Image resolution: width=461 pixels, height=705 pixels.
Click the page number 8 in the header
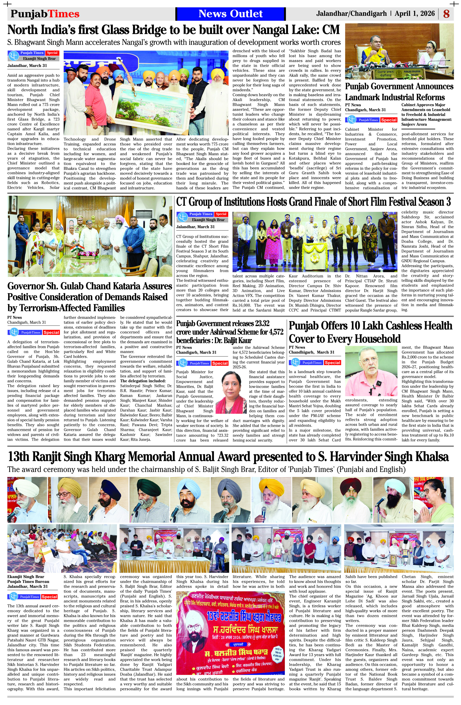pos(446,14)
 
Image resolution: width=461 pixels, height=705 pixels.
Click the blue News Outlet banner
pos(230,14)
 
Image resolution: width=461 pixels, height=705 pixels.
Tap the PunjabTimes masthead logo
pos(45,14)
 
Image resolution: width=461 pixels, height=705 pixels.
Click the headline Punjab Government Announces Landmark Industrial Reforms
pos(399,92)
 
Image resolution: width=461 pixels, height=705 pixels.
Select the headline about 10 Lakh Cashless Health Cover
pos(370,332)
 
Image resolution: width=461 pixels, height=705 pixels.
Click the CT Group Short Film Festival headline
pos(313,202)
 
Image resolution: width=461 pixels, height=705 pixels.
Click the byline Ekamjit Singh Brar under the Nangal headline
pos(39,59)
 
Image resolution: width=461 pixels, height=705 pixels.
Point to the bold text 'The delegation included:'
pos(143,381)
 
